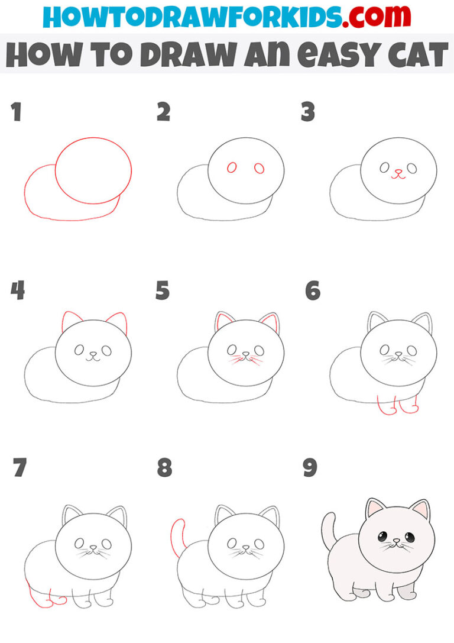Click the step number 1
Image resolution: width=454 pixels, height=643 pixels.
15,112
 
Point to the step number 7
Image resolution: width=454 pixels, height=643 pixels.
20,468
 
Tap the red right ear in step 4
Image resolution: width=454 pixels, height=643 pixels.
118,322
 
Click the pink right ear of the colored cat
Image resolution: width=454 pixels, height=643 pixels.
420,508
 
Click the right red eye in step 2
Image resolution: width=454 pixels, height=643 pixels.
259,169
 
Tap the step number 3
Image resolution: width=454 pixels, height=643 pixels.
308,112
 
